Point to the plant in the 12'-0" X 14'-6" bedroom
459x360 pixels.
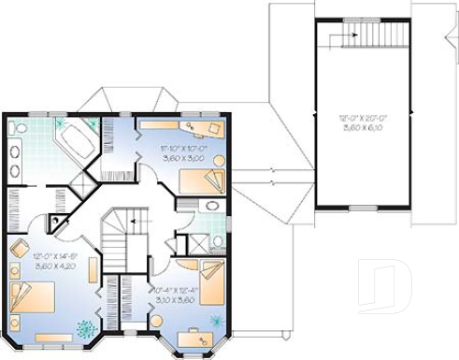coord(86,329)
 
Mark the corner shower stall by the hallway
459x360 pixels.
coord(59,223)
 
